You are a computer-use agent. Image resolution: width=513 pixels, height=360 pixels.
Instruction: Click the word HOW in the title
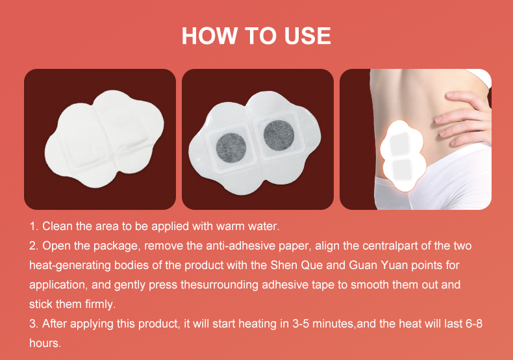(x=209, y=35)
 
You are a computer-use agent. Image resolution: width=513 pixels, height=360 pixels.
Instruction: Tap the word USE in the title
(x=308, y=35)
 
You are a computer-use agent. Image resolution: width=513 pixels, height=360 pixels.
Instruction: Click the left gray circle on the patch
(x=231, y=148)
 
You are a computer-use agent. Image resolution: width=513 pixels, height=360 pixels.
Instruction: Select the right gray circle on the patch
(x=279, y=136)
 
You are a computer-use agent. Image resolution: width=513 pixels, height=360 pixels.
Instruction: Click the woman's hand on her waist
(x=464, y=118)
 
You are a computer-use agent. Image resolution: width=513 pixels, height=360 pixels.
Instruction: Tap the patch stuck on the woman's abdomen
(x=403, y=155)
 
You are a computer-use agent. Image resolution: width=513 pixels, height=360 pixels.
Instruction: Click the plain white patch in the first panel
(x=104, y=139)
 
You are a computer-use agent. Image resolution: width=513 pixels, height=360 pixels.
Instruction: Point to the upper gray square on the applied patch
(x=400, y=144)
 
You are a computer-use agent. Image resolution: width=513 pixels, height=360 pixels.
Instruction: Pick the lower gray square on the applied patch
(x=402, y=170)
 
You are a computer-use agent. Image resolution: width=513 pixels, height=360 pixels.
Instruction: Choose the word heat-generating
(x=70, y=265)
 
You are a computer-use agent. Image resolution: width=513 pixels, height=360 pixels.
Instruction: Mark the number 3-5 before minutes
(x=301, y=324)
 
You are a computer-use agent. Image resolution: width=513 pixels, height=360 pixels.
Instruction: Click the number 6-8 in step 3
(x=473, y=324)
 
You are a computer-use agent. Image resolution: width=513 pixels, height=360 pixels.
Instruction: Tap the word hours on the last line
(x=45, y=343)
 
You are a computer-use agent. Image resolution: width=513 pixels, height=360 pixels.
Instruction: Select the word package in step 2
(x=117, y=246)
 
